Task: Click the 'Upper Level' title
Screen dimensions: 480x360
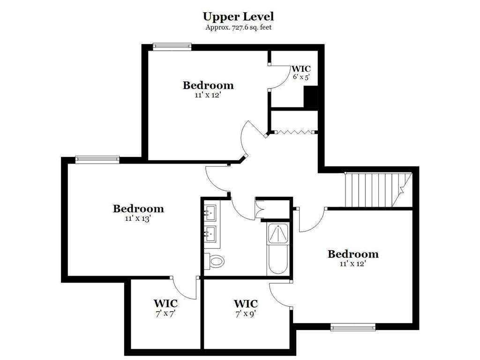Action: click(238, 16)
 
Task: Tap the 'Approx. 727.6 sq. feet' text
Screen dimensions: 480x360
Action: click(239, 27)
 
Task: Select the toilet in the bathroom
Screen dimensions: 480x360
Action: click(214, 261)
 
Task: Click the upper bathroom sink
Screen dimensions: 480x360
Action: click(210, 212)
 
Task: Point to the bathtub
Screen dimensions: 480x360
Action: click(277, 260)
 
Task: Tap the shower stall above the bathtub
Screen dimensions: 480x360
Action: click(277, 233)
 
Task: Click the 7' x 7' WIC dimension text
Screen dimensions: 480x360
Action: click(165, 314)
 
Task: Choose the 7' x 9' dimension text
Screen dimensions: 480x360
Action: click(246, 314)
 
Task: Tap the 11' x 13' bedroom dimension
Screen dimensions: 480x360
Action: click(138, 218)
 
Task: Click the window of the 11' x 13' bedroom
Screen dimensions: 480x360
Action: click(97, 159)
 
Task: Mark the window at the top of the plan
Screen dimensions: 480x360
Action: click(172, 46)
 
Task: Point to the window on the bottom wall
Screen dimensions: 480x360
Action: click(353, 327)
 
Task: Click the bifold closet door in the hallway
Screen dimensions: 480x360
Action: click(294, 132)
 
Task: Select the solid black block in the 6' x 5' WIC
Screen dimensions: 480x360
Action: click(310, 97)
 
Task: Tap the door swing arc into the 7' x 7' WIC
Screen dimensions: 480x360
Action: click(184, 289)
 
